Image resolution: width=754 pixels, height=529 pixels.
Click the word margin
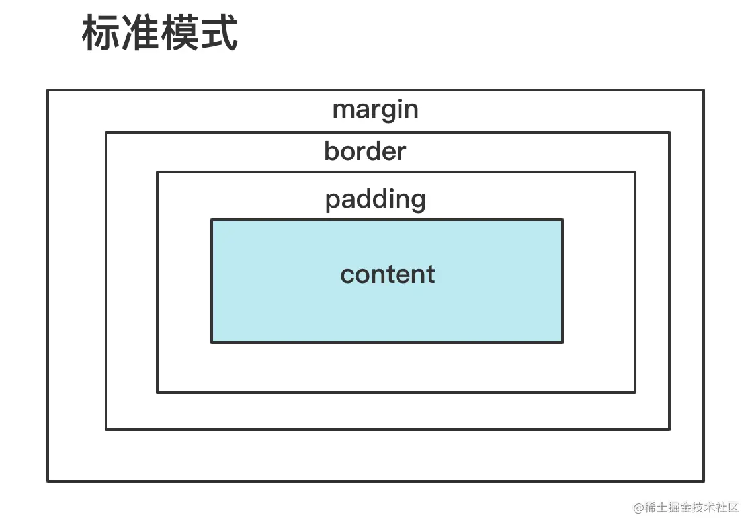tap(375, 110)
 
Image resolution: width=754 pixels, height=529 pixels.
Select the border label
tap(365, 152)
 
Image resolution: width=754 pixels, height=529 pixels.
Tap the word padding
tap(375, 200)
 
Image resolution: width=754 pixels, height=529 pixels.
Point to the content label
tap(388, 274)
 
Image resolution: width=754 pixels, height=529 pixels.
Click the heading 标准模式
tap(159, 34)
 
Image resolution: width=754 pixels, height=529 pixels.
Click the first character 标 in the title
tap(101, 34)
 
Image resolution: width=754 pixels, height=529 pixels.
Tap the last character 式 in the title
tap(219, 34)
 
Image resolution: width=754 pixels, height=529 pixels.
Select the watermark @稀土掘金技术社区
tap(685, 507)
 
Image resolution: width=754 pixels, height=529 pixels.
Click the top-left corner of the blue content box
tap(212, 220)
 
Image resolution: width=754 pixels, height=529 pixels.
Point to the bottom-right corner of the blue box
tap(562, 342)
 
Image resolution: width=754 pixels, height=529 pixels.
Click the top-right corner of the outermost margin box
tap(703, 91)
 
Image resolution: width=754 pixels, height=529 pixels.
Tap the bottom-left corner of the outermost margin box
tap(48, 481)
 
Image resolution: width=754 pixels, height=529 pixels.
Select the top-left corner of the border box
tap(106, 133)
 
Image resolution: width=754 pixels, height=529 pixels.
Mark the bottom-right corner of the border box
tap(669, 429)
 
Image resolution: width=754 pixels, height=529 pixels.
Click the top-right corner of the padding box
tap(635, 173)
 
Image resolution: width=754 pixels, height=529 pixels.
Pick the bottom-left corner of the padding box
tap(157, 392)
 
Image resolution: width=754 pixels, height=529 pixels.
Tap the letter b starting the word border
tap(331, 151)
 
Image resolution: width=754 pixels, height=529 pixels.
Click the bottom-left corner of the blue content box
tap(212, 342)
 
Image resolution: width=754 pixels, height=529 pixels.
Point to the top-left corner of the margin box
tap(48, 91)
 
